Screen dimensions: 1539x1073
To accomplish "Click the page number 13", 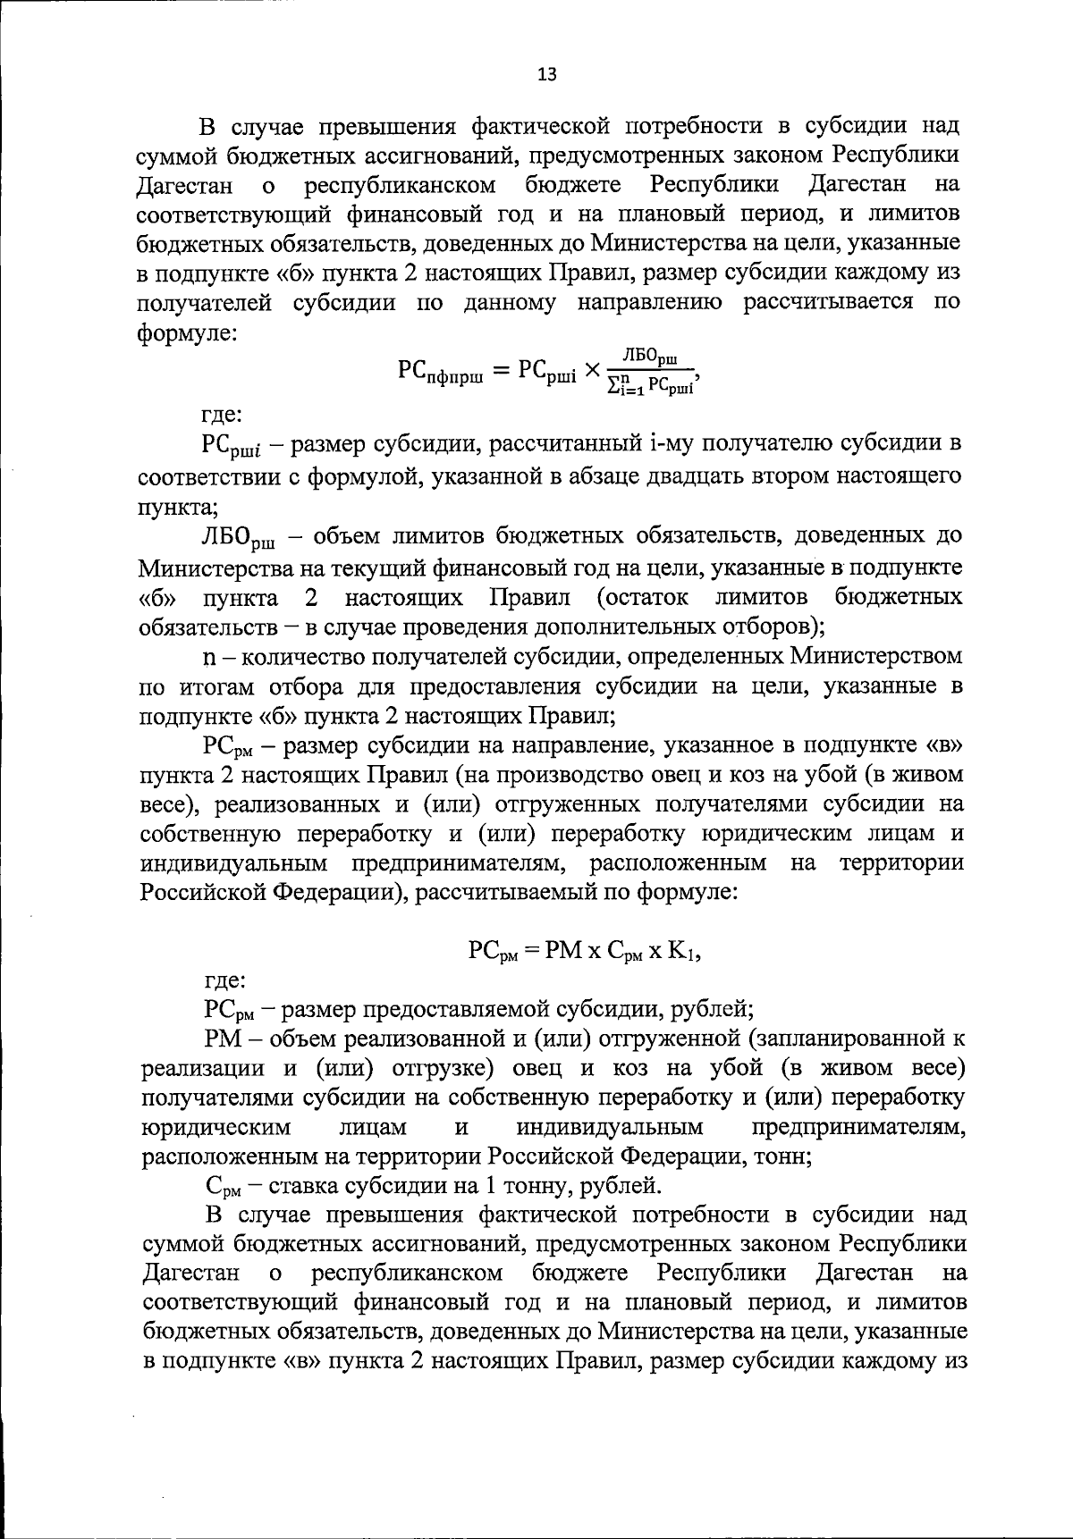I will pyautogui.click(x=547, y=75).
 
